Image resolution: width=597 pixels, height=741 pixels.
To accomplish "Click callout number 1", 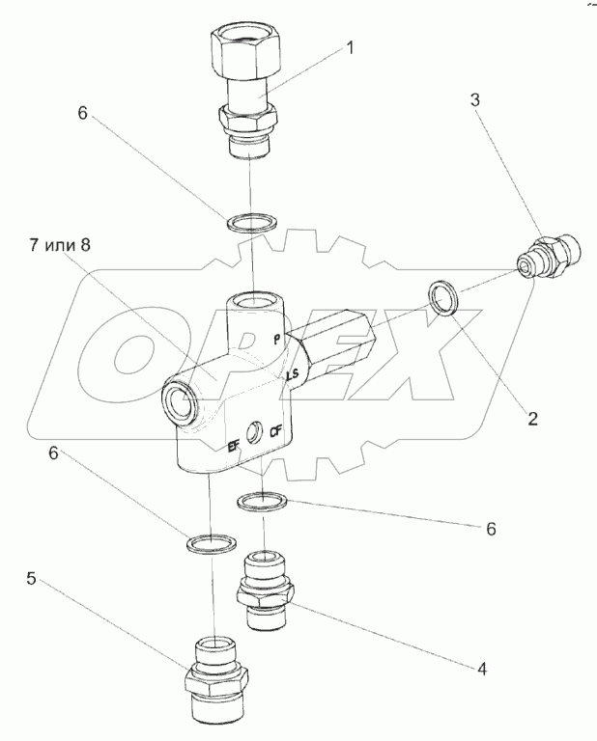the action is click(350, 47).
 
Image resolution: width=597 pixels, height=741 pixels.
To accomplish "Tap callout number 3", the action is click(474, 100).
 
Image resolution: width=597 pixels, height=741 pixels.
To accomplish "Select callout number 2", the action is click(532, 419).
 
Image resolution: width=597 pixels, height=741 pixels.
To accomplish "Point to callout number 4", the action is click(482, 669).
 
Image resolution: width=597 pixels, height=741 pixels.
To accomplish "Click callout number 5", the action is click(31, 579).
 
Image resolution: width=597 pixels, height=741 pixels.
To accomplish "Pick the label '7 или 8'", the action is click(60, 245).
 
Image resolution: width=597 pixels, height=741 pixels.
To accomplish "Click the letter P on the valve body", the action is click(278, 339).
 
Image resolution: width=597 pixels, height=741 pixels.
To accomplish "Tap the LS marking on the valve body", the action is click(293, 376).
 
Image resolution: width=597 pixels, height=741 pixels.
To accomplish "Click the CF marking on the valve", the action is click(275, 431).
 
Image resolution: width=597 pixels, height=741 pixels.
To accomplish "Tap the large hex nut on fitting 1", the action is click(241, 48).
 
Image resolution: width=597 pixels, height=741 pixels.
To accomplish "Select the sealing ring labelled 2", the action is click(443, 297).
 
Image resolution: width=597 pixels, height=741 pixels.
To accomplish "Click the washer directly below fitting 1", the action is click(251, 223).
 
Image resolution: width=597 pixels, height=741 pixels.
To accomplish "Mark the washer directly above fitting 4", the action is click(262, 502).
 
